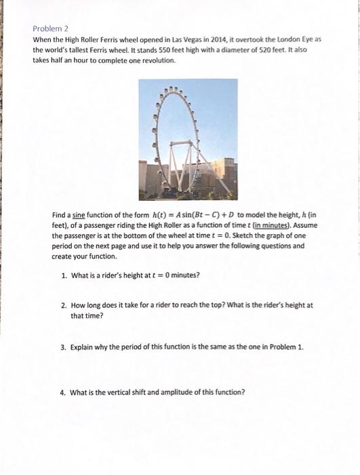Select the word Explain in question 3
point(83,346)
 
